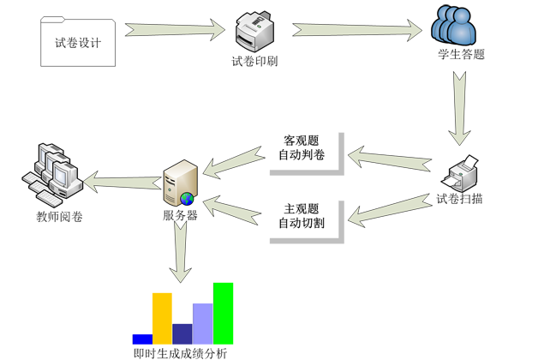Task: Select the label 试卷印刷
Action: coord(254,62)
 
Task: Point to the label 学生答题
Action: coord(461,55)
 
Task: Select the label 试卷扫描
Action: coord(459,200)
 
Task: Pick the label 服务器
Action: coord(180,216)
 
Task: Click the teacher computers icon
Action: coord(52,174)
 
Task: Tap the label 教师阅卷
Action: coord(59,217)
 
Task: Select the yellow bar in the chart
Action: coord(162,318)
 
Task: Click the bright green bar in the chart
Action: coord(223,313)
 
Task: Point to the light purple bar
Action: coord(202,323)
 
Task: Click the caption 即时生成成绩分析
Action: coord(180,352)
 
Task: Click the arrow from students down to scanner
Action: coord(458,107)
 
